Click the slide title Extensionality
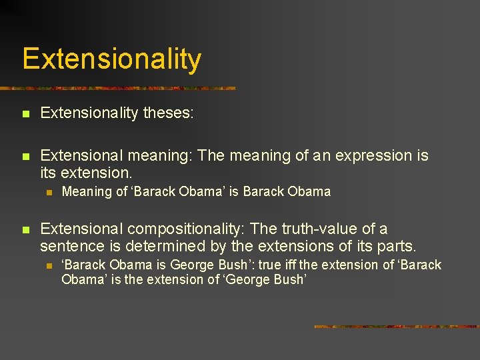pyautogui.click(x=111, y=59)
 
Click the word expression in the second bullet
pyautogui.click(x=372, y=156)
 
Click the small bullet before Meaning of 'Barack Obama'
pyautogui.click(x=47, y=192)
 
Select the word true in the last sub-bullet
pyautogui.click(x=269, y=265)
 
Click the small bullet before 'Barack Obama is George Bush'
pyautogui.click(x=47, y=265)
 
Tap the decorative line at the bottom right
pyautogui.click(x=396, y=327)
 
